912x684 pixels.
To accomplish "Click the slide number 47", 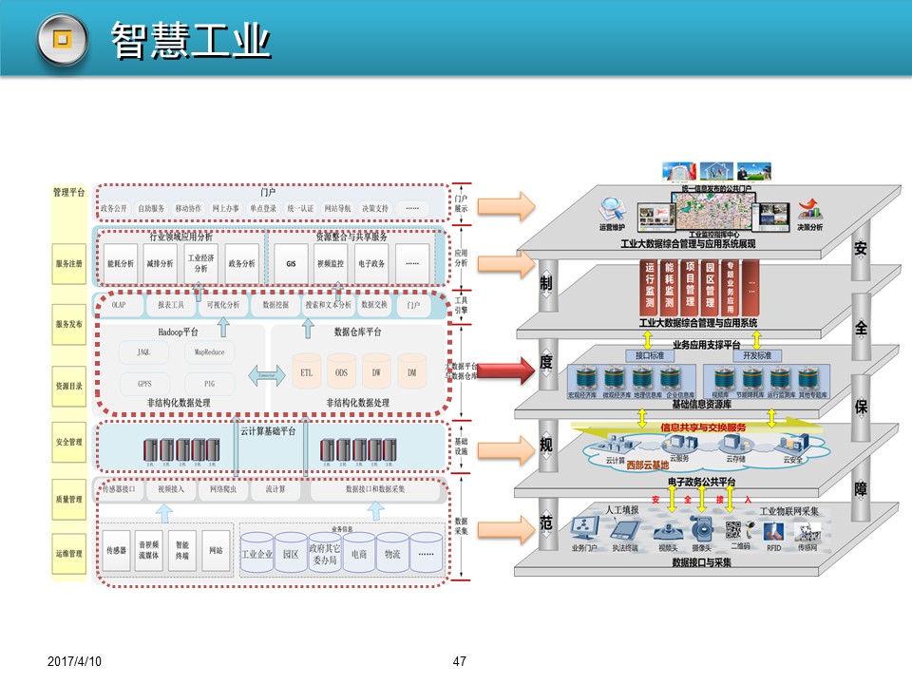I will (460, 661).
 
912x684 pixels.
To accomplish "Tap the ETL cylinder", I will (306, 372).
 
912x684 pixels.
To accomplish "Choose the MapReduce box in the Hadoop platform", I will (208, 352).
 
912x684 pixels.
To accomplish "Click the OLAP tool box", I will (119, 306).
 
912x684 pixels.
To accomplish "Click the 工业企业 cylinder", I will (257, 552).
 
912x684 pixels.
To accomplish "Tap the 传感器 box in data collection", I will (117, 550).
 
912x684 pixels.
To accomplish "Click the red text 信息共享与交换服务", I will (703, 427).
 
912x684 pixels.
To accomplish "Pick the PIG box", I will (208, 384).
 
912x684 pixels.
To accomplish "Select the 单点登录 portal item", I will (263, 209).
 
